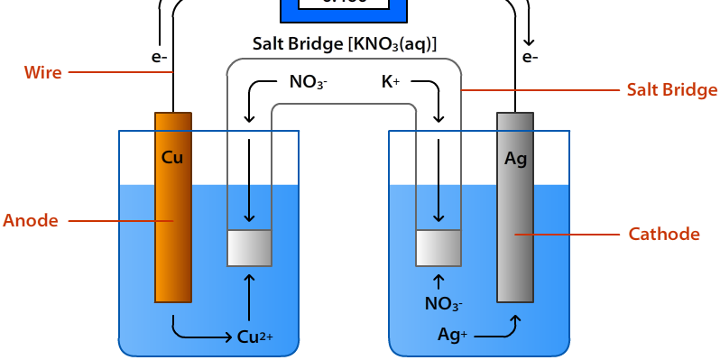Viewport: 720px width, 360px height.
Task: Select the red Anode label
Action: [x=31, y=220]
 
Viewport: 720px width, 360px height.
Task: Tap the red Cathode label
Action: [x=664, y=235]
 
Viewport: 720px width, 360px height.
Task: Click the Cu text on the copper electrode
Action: [x=172, y=157]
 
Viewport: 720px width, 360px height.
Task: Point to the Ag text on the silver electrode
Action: [x=515, y=159]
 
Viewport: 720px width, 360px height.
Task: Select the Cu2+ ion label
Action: [x=254, y=337]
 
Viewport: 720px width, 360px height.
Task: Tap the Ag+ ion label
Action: [x=452, y=334]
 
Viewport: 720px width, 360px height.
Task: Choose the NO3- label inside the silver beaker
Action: [x=444, y=304]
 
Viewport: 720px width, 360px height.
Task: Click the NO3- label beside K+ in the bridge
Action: [x=308, y=83]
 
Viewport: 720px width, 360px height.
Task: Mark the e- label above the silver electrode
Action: [x=530, y=58]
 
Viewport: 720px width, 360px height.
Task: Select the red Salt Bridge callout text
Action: [x=672, y=89]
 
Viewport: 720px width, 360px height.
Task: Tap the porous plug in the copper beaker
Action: [x=249, y=248]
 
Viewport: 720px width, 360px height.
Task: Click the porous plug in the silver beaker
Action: [x=438, y=248]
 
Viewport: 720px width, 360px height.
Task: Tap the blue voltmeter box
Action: [x=344, y=9]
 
